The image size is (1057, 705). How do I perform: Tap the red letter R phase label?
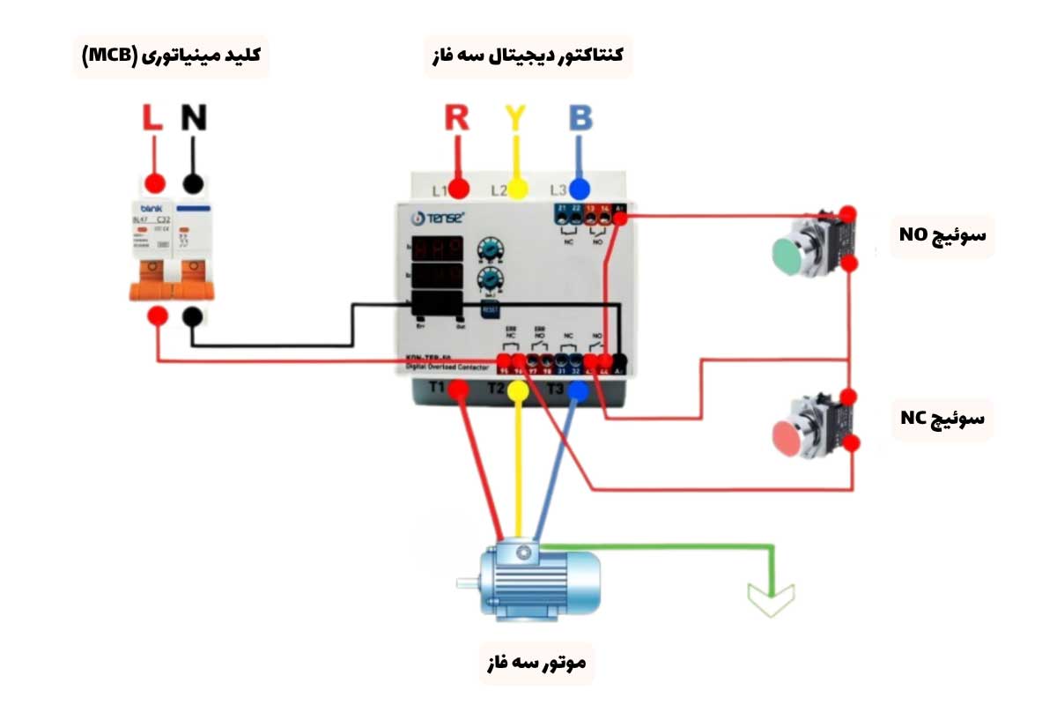click(456, 118)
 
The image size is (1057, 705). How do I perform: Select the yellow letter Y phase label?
click(516, 118)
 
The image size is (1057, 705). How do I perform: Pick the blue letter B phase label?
click(580, 118)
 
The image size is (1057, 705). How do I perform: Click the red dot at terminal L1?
click(459, 189)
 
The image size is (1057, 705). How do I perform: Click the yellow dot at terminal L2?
click(518, 189)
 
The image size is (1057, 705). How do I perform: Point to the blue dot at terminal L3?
click(579, 189)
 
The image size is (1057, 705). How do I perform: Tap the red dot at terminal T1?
click(458, 390)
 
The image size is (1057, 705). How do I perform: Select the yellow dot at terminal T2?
click(518, 390)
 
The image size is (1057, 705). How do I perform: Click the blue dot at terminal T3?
click(577, 390)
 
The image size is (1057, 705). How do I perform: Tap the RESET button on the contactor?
click(490, 309)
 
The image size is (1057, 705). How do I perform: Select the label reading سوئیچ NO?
click(942, 235)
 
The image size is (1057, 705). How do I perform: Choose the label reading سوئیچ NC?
click(942, 418)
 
